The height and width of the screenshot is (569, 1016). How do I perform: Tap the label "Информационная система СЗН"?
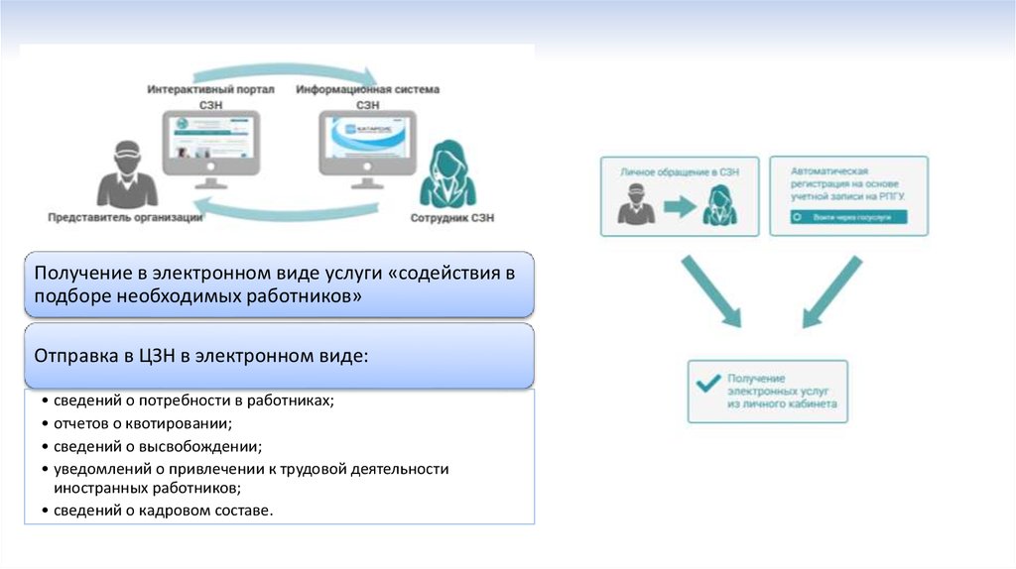[x=367, y=95]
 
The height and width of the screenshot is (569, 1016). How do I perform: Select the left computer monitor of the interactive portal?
[x=211, y=143]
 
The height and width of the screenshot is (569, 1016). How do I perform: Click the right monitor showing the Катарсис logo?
[x=366, y=143]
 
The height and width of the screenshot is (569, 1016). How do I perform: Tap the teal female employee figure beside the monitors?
[x=446, y=174]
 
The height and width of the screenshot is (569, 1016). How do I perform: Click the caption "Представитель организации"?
[x=125, y=217]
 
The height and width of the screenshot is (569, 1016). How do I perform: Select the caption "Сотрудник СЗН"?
[x=451, y=217]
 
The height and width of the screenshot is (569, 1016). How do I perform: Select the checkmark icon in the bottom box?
[x=708, y=385]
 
